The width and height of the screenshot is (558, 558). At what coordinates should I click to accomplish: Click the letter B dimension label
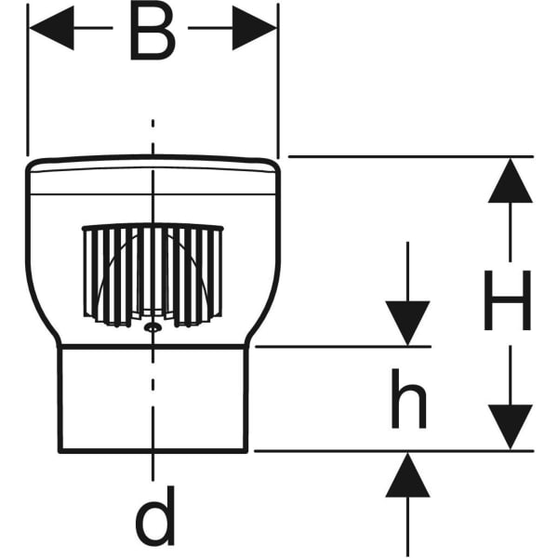153,33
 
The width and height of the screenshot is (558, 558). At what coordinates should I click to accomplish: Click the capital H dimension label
507,300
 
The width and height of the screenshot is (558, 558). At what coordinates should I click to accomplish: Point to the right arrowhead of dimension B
255,28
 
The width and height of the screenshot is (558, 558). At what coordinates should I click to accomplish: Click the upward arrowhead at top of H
510,181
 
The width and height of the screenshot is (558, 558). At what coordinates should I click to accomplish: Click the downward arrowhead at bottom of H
510,426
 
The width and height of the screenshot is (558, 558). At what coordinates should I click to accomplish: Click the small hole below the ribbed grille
152,327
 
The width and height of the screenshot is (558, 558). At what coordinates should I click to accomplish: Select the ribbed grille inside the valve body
153,275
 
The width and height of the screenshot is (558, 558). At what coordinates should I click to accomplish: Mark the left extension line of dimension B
29,84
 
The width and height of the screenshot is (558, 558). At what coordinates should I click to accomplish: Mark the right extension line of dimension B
278,84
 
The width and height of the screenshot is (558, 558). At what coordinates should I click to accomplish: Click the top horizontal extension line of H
409,156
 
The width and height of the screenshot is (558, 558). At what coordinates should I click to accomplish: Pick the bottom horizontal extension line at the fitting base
391,451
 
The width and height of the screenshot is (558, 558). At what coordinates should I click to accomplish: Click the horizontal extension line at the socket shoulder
344,346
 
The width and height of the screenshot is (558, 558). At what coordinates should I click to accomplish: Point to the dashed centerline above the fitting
153,135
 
